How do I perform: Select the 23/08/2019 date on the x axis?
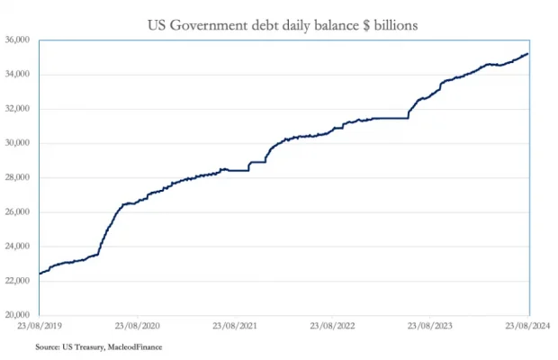(x=40, y=326)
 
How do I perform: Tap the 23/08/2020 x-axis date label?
(x=139, y=326)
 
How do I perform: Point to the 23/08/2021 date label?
(x=234, y=326)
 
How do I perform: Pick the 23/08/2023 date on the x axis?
(x=430, y=326)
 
